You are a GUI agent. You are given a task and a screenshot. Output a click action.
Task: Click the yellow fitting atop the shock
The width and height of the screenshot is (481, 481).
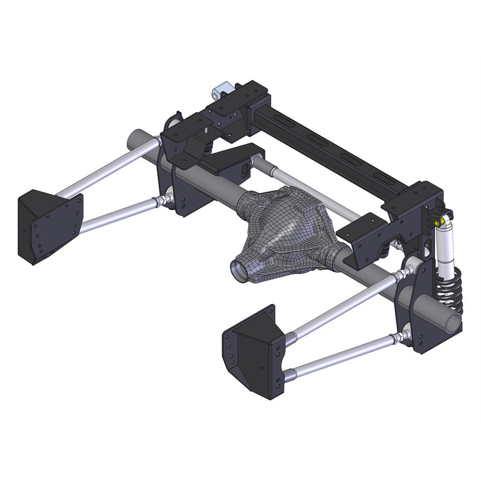pos(439,222)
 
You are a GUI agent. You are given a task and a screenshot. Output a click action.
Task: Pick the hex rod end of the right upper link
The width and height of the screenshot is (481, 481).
pos(398,276)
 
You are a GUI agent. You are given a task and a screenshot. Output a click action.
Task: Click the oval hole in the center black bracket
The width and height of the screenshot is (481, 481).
pos(245,170)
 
